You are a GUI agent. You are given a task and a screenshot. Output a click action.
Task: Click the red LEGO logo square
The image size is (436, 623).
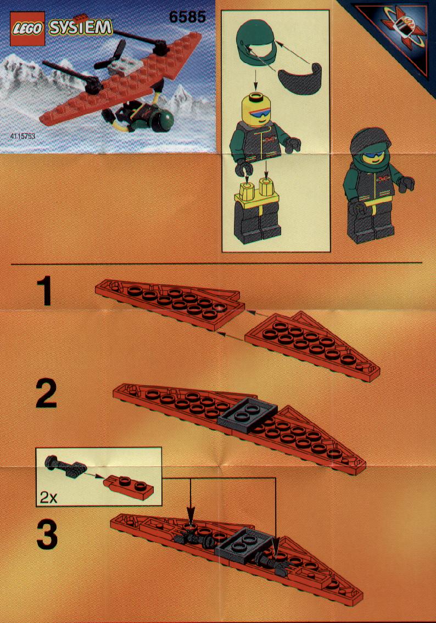[x=27, y=28]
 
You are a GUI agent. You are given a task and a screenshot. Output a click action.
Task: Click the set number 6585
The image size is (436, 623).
[x=187, y=16]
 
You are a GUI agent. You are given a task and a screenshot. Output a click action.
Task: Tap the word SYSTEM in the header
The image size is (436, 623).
[x=80, y=27]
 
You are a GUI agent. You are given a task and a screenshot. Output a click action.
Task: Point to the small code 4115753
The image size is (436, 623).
[x=23, y=136]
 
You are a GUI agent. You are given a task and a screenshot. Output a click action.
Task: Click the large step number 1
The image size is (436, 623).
[x=46, y=291]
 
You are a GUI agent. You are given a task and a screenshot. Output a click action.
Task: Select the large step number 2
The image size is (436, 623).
[x=46, y=394]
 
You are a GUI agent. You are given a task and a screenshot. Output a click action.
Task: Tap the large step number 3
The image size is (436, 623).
[x=47, y=536]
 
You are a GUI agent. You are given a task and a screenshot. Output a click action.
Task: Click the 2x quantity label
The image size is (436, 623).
[x=48, y=497]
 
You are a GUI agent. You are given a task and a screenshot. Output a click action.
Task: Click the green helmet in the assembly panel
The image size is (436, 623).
[x=256, y=43]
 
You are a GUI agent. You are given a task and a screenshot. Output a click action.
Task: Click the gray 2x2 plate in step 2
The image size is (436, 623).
[x=248, y=414]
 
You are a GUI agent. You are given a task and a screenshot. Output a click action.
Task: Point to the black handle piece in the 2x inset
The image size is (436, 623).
[x=65, y=465]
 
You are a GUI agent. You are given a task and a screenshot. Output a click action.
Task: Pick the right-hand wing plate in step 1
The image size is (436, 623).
[x=311, y=346]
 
